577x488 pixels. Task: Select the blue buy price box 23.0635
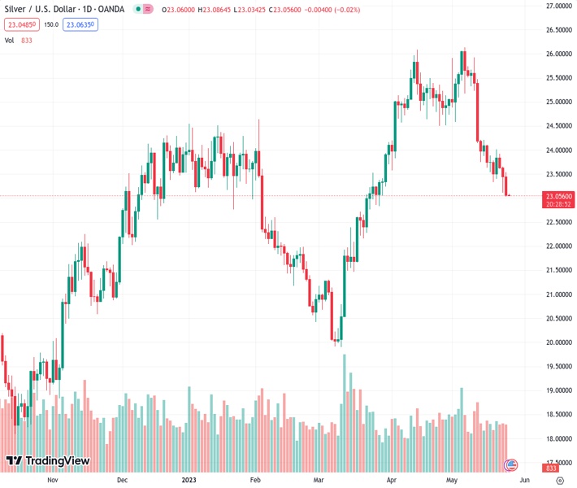(81, 24)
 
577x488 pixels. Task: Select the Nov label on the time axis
(54, 481)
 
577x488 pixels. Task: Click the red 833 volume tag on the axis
(551, 468)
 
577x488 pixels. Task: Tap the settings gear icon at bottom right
(559, 481)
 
